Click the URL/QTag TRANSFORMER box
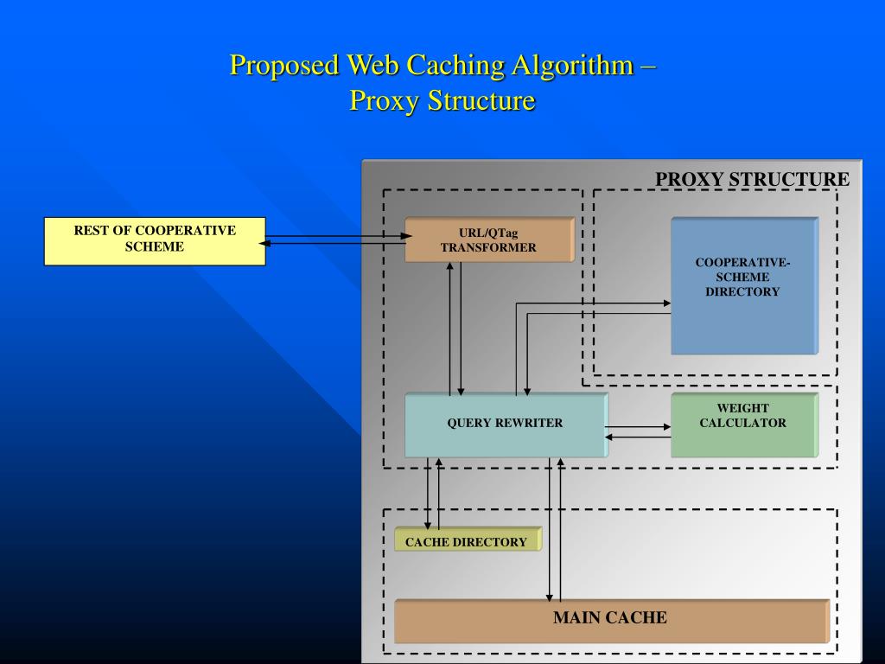489,239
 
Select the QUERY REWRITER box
506,425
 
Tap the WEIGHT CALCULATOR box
744,425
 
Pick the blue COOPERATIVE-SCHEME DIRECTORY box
744,285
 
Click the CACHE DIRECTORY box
468,539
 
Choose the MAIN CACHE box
612,621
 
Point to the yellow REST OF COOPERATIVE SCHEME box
155,241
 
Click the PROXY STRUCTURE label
752,179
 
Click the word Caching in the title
455,66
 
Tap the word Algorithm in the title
572,66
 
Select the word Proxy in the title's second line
385,102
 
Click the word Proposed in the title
283,66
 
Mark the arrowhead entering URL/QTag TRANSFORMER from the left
406,236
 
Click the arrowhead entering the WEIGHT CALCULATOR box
666,427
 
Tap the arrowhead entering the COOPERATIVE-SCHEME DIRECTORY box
666,303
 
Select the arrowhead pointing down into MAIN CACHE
549,597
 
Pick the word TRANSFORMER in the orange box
489,247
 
